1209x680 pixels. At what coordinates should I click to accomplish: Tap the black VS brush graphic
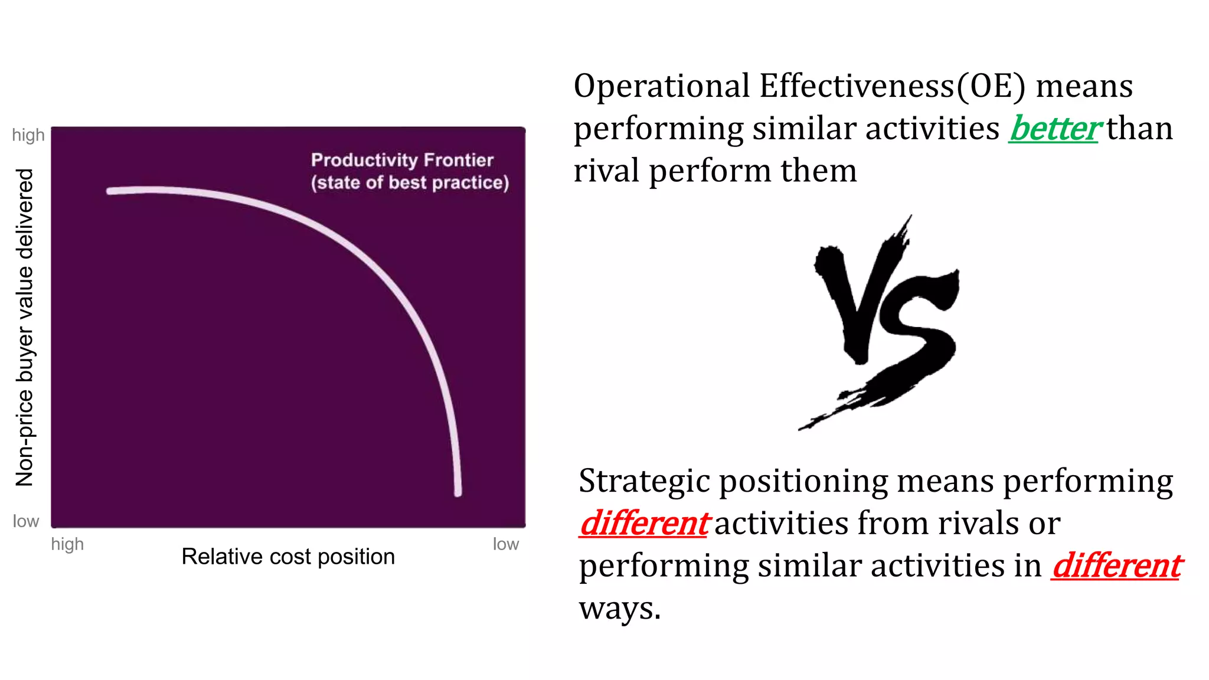[x=880, y=322]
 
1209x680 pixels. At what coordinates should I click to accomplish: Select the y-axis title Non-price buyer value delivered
[x=25, y=328]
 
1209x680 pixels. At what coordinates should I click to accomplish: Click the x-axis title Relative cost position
[x=288, y=557]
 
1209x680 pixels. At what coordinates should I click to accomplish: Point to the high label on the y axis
[x=28, y=135]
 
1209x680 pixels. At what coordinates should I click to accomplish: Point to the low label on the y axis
[x=26, y=521]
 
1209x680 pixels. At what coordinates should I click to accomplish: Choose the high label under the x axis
[x=67, y=544]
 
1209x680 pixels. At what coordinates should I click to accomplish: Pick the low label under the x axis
[x=506, y=544]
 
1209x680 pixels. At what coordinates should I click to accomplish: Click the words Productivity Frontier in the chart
[x=402, y=160]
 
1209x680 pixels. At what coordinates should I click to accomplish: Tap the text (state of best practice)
[x=410, y=182]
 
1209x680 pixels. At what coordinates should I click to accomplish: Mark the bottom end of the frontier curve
[x=458, y=492]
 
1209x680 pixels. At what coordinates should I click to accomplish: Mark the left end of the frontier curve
[x=110, y=191]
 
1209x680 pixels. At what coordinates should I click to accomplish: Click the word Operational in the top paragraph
[x=662, y=86]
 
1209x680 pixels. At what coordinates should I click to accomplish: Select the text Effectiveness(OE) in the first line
[x=893, y=86]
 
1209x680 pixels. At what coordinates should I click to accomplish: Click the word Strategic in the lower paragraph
[x=644, y=481]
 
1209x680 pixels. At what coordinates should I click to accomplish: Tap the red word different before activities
[x=644, y=524]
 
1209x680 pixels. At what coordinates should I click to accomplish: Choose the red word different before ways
[x=1116, y=566]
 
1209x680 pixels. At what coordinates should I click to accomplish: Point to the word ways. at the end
[x=619, y=609]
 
